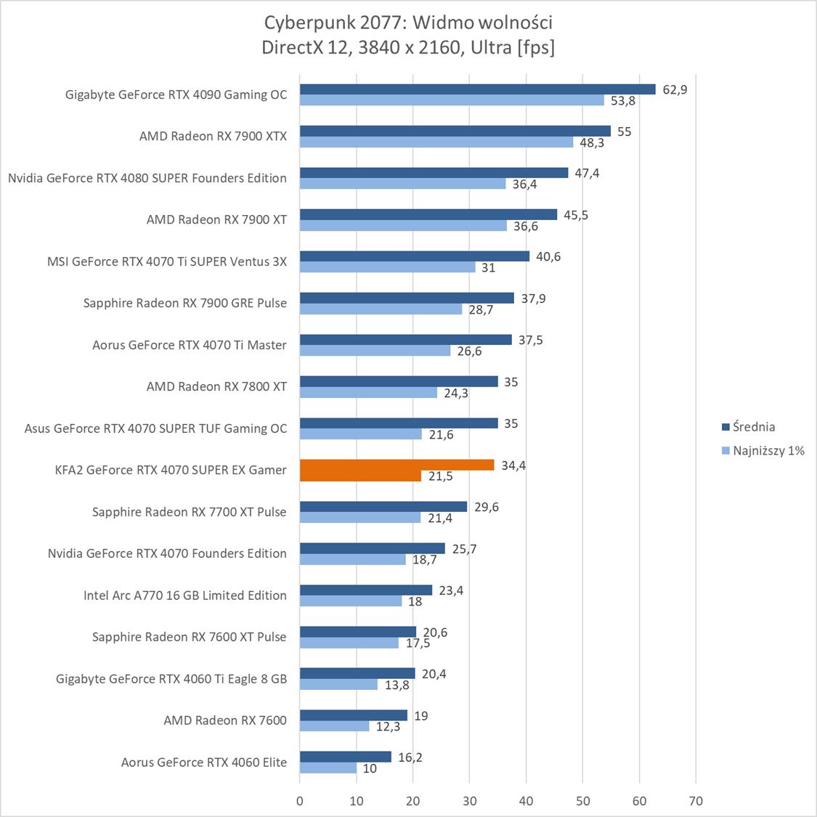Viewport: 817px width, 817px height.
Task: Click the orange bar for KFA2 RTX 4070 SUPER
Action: [397, 465]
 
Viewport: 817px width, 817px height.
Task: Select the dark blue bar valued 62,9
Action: [477, 89]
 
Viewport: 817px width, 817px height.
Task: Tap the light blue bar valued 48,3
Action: [436, 142]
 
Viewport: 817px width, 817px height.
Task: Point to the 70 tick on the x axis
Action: [696, 801]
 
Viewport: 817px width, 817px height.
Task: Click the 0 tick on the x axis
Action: [300, 801]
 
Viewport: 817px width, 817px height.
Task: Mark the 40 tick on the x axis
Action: [526, 801]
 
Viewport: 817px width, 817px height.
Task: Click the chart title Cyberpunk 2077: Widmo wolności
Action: [408, 23]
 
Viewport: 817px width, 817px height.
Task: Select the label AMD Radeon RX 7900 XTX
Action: [213, 136]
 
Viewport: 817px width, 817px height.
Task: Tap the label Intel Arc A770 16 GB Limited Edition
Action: [185, 596]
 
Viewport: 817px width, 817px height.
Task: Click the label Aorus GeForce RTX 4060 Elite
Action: [204, 763]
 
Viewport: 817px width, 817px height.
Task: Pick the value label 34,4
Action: [513, 466]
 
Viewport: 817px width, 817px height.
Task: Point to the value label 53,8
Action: [623, 101]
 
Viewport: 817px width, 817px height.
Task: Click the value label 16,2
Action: [410, 757]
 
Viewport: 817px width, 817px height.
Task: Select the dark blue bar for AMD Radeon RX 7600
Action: [353, 715]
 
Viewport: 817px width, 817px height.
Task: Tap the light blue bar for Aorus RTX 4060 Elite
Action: [328, 768]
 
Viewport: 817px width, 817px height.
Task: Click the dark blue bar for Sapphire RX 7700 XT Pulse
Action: [383, 507]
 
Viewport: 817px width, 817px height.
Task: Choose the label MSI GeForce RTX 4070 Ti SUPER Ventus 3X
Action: [167, 261]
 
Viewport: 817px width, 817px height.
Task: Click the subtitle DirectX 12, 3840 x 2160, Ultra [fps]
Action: [408, 47]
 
